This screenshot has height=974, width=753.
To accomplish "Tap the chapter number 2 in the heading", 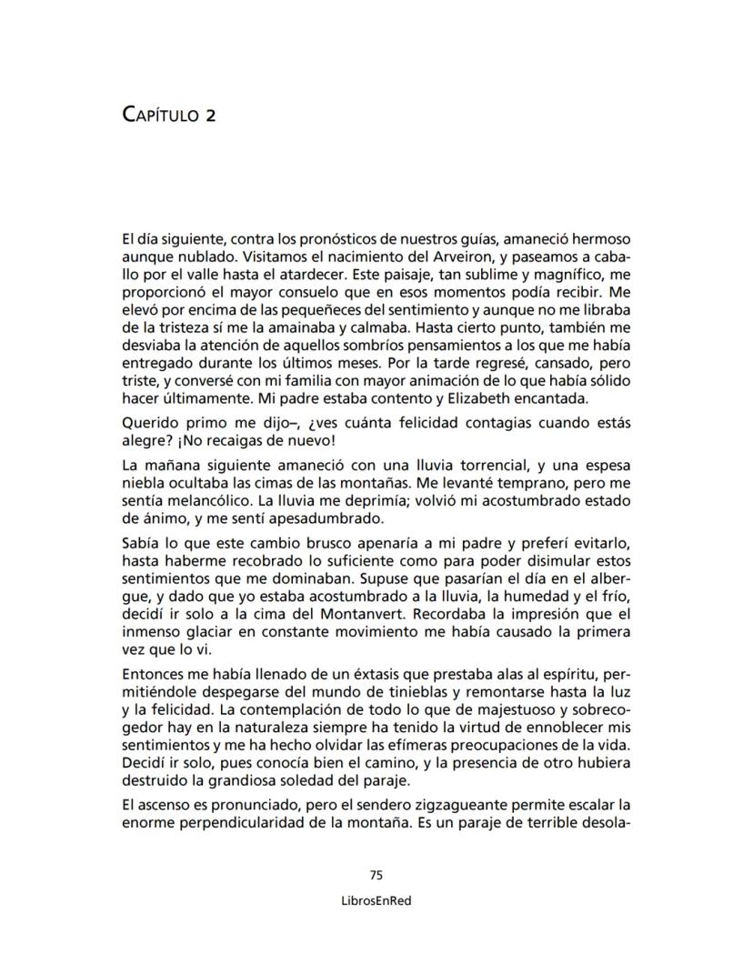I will pyautogui.click(x=210, y=115).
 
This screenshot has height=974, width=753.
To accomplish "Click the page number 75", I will pyautogui.click(x=376, y=875).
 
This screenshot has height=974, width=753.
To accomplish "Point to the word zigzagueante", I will pyautogui.click(x=430, y=805).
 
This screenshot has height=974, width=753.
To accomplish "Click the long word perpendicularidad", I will pyautogui.click(x=250, y=823).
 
